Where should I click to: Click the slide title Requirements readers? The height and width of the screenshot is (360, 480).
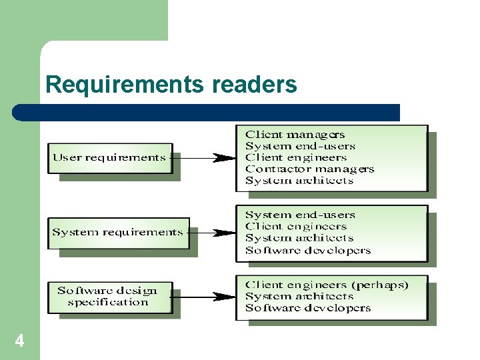tap(171, 85)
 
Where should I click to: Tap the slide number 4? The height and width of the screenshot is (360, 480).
tap(19, 341)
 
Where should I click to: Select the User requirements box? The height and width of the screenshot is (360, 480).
tap(109, 158)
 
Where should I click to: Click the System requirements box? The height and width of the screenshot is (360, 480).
tap(117, 233)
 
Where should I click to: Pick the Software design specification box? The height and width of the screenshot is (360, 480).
tap(108, 297)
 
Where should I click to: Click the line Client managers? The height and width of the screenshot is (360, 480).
tap(295, 135)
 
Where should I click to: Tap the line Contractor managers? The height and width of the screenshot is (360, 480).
tap(309, 169)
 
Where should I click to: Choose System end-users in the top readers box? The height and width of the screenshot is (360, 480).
tap(300, 147)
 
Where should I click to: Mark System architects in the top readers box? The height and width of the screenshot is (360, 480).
tap(299, 181)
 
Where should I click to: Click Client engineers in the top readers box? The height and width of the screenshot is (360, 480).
tap(296, 158)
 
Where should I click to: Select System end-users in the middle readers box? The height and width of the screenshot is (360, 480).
tap(300, 215)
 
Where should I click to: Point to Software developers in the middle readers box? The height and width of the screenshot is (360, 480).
tap(307, 251)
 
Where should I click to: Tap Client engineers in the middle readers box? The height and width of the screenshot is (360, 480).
tap(296, 227)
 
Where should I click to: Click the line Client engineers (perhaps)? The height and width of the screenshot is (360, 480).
tap(327, 285)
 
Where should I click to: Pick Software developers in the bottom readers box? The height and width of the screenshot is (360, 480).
tap(307, 308)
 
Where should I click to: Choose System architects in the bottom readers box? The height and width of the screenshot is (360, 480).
tap(299, 297)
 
